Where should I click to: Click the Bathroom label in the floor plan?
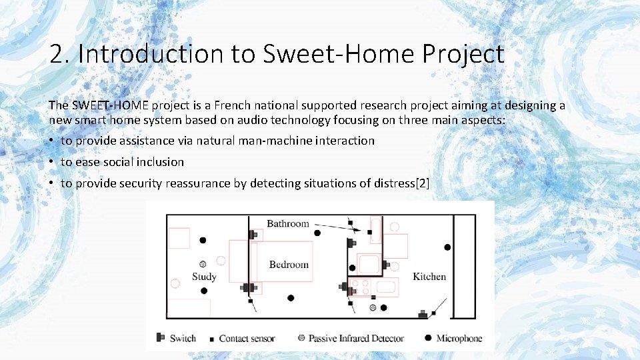click(x=288, y=224)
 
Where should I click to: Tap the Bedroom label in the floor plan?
click(x=289, y=265)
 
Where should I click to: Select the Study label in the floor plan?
click(x=203, y=277)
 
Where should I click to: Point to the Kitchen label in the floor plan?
click(x=429, y=276)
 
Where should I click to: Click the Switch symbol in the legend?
click(x=161, y=338)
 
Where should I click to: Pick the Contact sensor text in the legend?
click(x=247, y=339)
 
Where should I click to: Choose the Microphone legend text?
click(x=459, y=339)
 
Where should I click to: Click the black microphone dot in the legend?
click(x=427, y=338)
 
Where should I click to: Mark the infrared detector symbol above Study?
click(x=203, y=264)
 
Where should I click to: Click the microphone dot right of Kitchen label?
click(x=447, y=247)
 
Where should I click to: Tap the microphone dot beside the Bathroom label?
click(x=317, y=233)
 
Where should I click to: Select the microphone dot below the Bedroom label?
click(x=291, y=298)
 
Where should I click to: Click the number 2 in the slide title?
click(x=57, y=54)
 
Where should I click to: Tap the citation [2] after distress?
click(x=421, y=183)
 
